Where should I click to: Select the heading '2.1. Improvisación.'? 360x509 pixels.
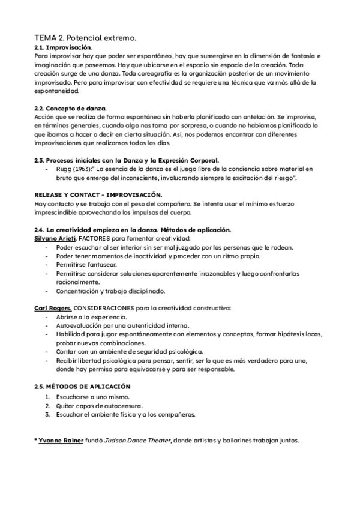click(x=63, y=47)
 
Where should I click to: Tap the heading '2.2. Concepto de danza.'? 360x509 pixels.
click(x=70, y=108)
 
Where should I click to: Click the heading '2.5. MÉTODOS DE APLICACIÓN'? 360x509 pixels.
click(x=82, y=387)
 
